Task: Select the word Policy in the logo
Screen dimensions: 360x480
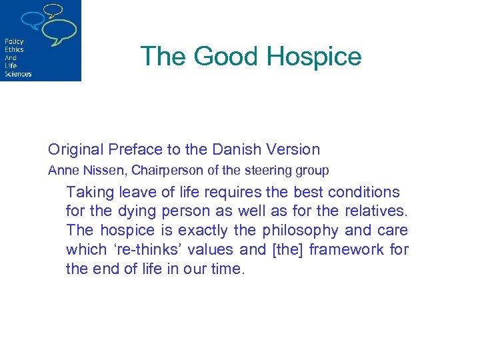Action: click(x=14, y=41)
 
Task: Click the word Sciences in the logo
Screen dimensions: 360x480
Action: click(x=18, y=74)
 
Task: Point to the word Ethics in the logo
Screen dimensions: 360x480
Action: click(x=14, y=49)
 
